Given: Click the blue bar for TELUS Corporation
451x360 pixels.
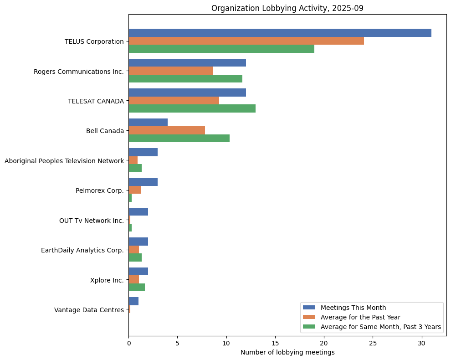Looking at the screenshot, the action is tap(280, 33).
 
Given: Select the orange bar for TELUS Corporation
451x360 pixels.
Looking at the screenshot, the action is tap(246, 41).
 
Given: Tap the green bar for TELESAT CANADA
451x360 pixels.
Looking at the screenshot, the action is tap(192, 108).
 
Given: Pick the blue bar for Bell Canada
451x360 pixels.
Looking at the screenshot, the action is tap(148, 122).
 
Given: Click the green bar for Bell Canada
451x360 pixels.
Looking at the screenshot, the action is tap(179, 138).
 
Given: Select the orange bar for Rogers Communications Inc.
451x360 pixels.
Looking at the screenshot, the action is tap(171, 71).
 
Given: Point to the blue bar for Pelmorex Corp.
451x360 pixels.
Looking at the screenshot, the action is tap(143, 182).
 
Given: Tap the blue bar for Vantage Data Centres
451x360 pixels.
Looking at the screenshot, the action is tap(133, 301).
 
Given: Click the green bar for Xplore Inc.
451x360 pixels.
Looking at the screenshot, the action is tap(137, 288).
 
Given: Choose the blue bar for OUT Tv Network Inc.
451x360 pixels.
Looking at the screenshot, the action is tap(138, 212).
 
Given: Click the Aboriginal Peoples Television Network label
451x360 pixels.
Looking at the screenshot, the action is tap(64, 161).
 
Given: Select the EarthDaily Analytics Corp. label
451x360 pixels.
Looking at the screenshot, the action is tap(82, 250).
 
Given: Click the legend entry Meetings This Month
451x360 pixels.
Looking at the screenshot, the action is tap(353, 308).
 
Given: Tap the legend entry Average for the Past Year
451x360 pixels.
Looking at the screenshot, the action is tap(360, 317).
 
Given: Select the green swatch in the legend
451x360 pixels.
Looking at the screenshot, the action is tap(309, 327).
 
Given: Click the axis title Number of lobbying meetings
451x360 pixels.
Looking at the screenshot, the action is tap(287, 352).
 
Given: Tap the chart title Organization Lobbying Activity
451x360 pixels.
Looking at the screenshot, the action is tap(287, 8).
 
